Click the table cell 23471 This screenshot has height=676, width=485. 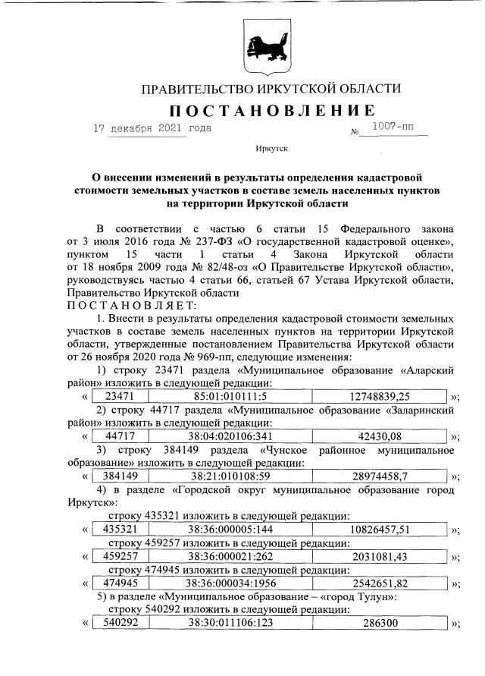coord(120,395)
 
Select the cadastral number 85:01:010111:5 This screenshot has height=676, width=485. coord(230,395)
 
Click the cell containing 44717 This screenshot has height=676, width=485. coord(120,435)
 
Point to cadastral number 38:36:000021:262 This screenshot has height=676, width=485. coord(230,556)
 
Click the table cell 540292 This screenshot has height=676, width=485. coord(120,624)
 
